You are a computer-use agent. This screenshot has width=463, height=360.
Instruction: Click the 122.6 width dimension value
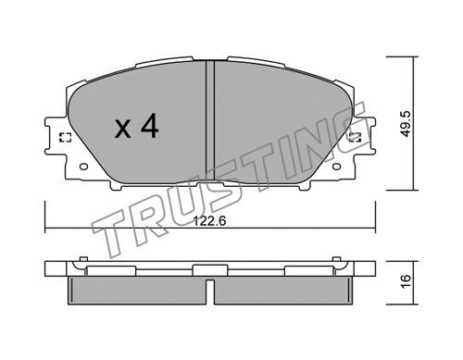[209, 221]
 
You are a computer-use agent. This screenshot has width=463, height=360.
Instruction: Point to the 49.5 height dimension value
[407, 124]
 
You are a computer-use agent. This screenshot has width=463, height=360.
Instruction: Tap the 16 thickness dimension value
[407, 281]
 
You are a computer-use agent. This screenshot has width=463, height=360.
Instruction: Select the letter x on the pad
[123, 129]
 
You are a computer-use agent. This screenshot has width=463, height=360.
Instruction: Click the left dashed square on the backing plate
[65, 137]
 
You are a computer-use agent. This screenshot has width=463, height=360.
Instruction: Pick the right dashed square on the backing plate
[355, 137]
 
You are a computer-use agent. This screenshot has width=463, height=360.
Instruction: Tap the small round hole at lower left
[83, 167]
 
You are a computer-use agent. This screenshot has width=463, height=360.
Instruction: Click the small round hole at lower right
[336, 167]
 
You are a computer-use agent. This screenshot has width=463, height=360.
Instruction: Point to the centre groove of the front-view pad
[210, 122]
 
